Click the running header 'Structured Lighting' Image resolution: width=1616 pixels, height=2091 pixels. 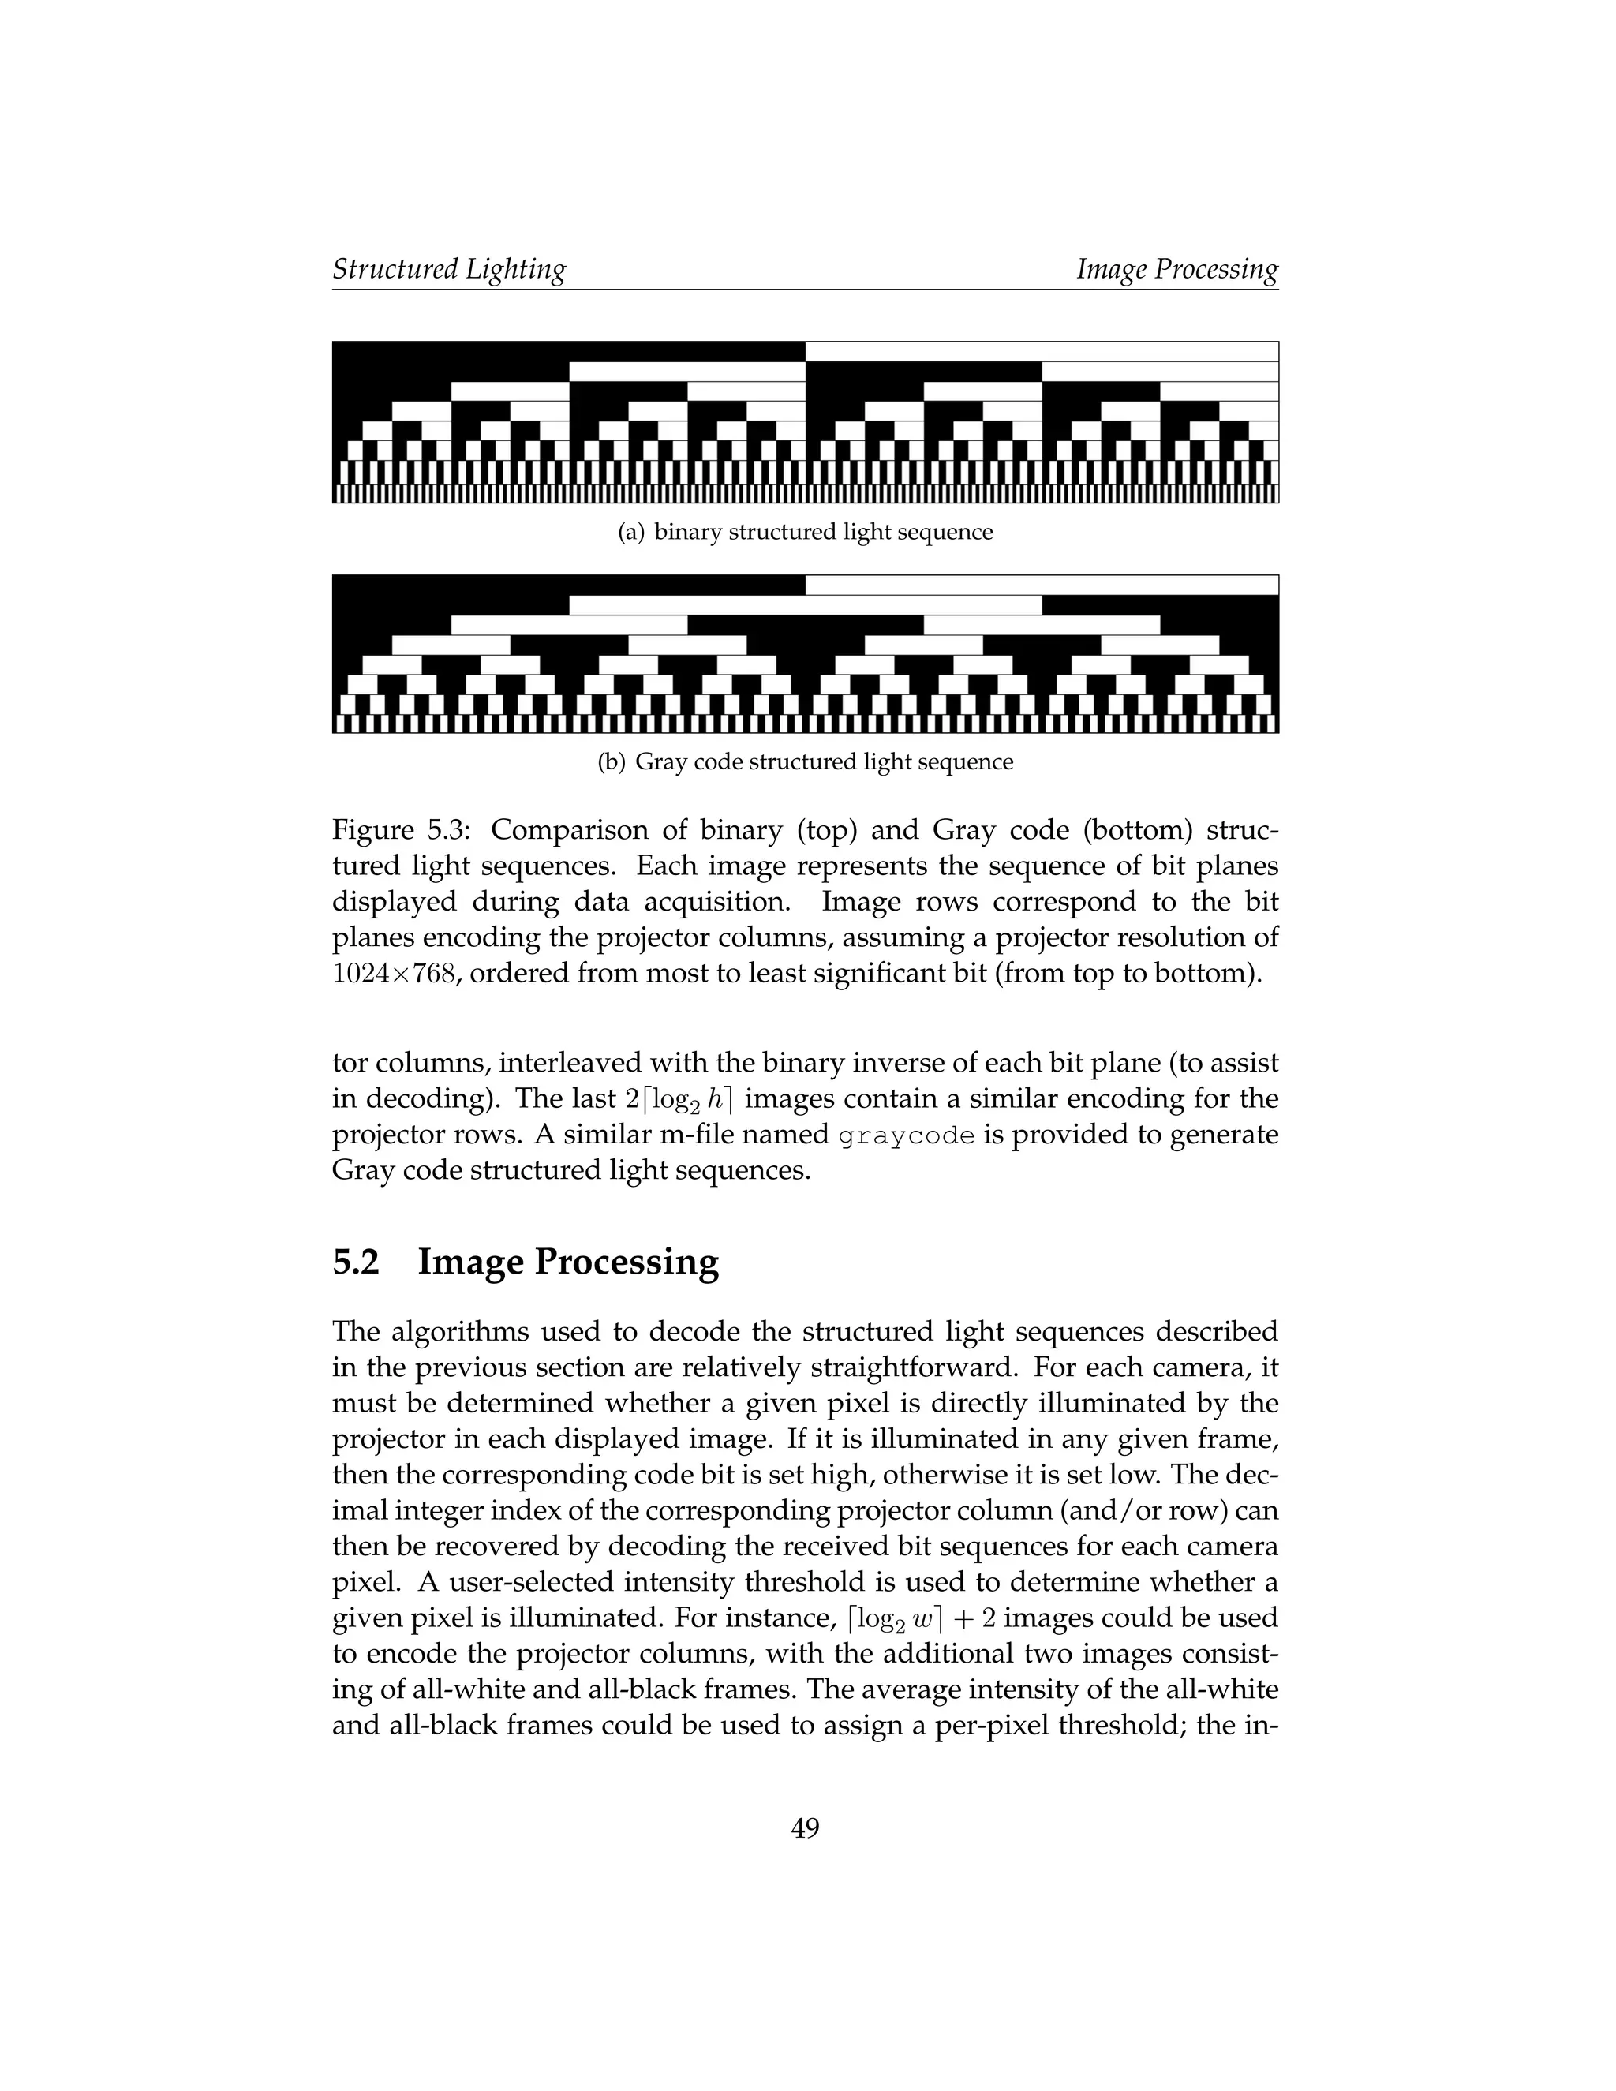pos(449,269)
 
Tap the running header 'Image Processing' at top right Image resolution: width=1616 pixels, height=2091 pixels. pos(1176,269)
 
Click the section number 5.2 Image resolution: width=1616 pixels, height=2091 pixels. pos(355,1262)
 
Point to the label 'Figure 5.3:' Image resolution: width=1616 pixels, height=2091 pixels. pos(401,829)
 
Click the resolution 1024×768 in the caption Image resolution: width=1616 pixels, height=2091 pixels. pos(392,974)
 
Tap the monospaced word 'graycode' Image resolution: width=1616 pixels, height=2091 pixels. pos(907,1135)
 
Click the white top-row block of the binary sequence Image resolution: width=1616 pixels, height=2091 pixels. pos(1042,351)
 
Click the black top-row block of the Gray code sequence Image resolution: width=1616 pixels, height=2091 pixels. pos(569,584)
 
